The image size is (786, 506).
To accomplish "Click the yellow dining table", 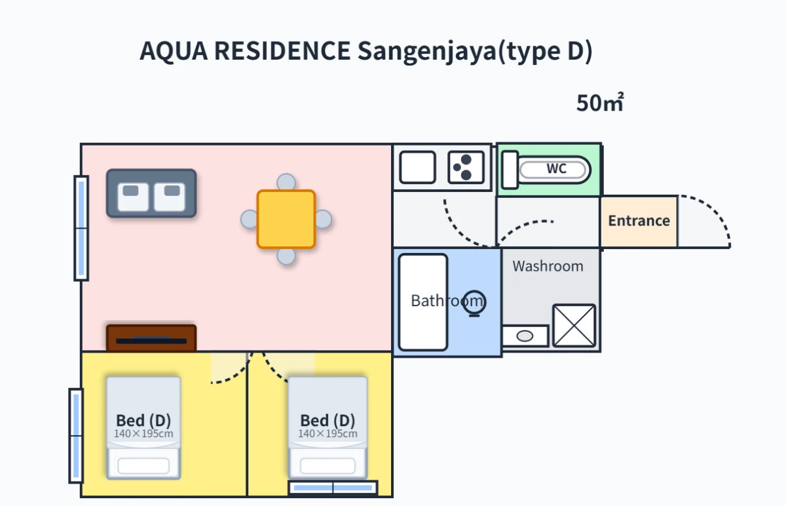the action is [x=286, y=219].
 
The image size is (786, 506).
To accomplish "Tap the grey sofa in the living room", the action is [x=151, y=193].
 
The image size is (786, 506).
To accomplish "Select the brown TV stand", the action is [x=151, y=338].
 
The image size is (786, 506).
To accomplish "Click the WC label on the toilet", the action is [x=557, y=168].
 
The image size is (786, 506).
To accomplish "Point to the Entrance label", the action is [x=639, y=221].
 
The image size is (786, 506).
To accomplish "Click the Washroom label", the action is [x=548, y=266].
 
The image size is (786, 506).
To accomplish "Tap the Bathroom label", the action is [x=447, y=301].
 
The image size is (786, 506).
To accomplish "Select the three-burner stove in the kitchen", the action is [x=466, y=167].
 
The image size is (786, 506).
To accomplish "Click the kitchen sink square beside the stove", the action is [x=418, y=167].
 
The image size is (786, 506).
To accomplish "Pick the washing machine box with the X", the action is [x=574, y=326].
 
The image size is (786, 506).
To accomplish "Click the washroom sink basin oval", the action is [x=525, y=336].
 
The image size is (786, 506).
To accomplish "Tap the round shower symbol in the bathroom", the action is [x=474, y=303].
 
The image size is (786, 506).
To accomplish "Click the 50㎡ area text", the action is [x=600, y=102].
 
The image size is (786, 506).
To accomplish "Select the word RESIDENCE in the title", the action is [x=282, y=50].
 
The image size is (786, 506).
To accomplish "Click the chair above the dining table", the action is [x=286, y=182].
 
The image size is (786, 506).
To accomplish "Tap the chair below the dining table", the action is [x=286, y=256].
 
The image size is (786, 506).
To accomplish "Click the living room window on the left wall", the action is [x=81, y=228].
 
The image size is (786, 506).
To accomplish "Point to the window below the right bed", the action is [x=333, y=488].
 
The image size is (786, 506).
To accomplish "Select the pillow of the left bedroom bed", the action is [x=143, y=466].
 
